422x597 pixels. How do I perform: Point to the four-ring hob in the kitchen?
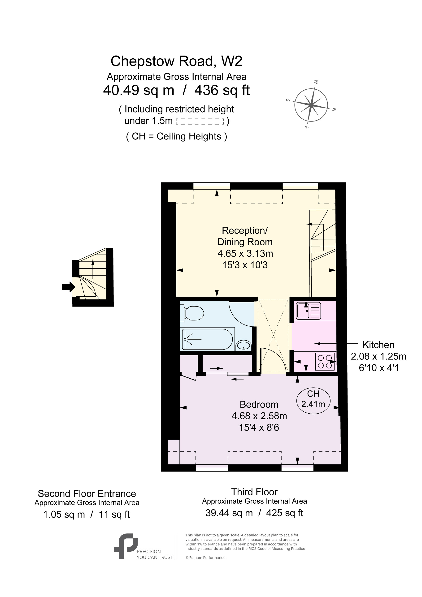(x=325, y=361)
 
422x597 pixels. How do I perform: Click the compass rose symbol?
(x=311, y=105)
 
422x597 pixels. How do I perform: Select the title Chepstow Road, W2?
(x=176, y=61)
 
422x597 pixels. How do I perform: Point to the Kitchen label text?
(x=378, y=345)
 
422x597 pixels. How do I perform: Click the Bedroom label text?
(x=259, y=404)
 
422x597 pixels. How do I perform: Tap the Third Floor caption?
(x=254, y=492)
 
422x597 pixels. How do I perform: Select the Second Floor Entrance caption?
(x=87, y=493)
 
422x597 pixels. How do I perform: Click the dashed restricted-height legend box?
(x=200, y=121)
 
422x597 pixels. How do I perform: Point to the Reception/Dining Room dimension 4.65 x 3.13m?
(x=245, y=253)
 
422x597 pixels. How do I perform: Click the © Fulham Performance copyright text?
(x=205, y=558)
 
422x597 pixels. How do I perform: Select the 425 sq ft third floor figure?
(x=285, y=513)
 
